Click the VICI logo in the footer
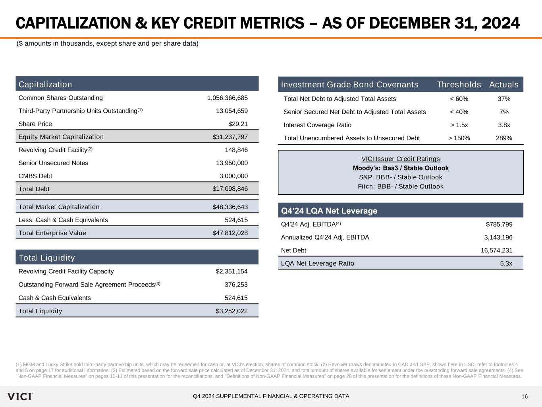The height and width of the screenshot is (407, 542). tap(19, 396)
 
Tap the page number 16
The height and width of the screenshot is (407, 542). tap(525, 397)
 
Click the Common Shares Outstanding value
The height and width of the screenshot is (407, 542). tap(227, 98)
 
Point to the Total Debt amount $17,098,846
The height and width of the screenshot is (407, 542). tap(230, 189)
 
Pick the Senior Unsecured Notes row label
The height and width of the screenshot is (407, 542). tap(54, 163)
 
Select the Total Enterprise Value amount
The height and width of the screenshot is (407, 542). tap(230, 233)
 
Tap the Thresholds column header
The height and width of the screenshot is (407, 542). tap(459, 85)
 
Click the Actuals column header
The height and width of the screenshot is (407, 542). tap(504, 85)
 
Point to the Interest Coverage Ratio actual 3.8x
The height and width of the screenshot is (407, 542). tap(504, 125)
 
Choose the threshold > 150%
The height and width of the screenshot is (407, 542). tap(459, 138)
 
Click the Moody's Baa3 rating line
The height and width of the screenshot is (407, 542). tap(401, 168)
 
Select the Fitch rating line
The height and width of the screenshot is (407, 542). tap(401, 186)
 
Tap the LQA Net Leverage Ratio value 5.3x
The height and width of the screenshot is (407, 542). tap(506, 263)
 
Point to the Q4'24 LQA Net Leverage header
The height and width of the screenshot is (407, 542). tap(329, 211)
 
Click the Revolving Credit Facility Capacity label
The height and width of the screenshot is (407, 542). tap(66, 271)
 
